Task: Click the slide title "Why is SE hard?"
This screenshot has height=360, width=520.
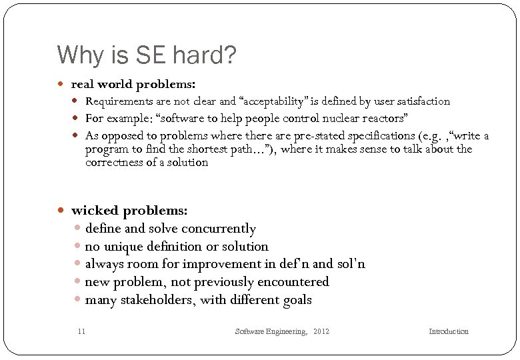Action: coord(147,55)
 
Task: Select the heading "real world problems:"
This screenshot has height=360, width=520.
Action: coord(133,85)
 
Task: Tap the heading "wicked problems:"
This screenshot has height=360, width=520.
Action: coord(129,211)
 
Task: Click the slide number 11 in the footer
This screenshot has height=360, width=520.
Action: coord(81,331)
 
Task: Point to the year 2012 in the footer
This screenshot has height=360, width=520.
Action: coord(321,331)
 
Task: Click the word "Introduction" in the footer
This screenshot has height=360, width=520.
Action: coord(449,331)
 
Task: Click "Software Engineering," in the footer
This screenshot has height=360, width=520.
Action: coord(271,331)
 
